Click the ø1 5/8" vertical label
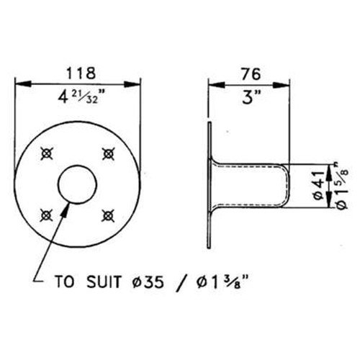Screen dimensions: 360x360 point(338,186)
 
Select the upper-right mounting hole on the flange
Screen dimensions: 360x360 point(109,152)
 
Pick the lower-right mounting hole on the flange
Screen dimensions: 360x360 point(109,213)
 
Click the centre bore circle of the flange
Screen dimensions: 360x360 point(78,183)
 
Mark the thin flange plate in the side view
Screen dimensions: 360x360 point(208,183)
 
